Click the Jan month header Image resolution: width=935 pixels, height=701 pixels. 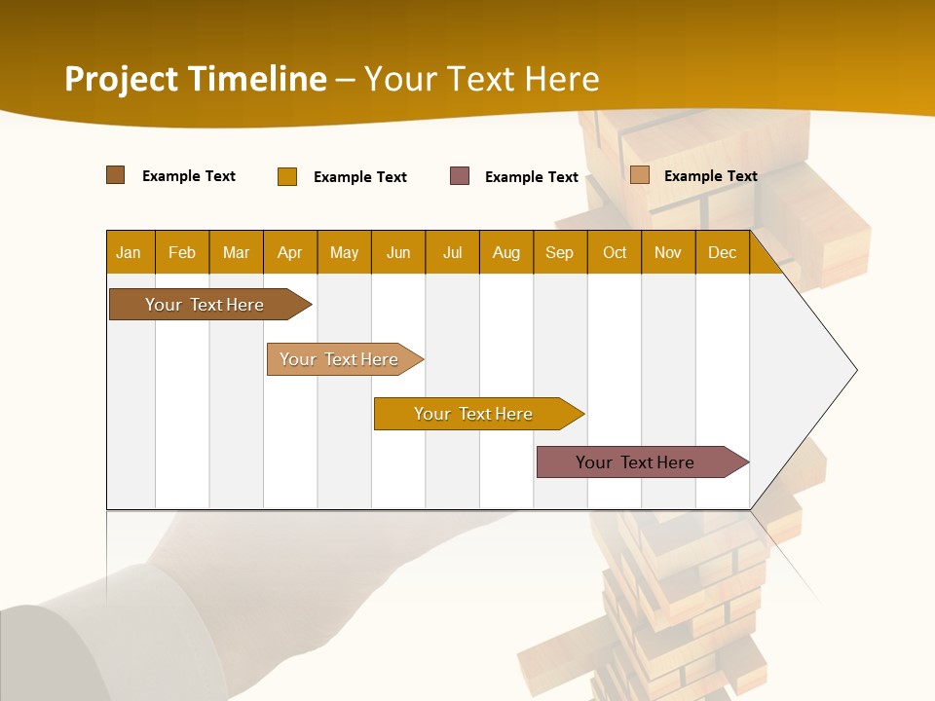(x=129, y=252)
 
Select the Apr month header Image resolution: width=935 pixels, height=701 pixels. (x=289, y=252)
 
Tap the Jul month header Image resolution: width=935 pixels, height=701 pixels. (x=452, y=252)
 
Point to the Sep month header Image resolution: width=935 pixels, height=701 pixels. (x=559, y=252)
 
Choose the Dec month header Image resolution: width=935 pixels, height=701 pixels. (x=722, y=252)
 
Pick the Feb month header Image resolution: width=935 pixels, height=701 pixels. (x=182, y=252)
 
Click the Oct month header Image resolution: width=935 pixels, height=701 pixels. (x=615, y=252)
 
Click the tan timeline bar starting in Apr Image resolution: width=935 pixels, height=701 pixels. (x=341, y=359)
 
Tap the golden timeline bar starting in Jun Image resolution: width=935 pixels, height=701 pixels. (x=474, y=414)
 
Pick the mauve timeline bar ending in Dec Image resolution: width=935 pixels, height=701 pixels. (x=638, y=462)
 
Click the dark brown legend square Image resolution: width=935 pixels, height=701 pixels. (x=116, y=175)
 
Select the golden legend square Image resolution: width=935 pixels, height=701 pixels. (x=287, y=176)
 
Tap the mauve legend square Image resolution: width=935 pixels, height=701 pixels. (x=460, y=176)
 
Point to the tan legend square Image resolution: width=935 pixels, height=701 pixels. (x=640, y=175)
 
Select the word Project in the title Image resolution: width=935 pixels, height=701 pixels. (x=122, y=79)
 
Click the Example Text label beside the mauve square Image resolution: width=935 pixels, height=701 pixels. (x=532, y=177)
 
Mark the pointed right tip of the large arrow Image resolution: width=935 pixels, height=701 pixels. (x=855, y=370)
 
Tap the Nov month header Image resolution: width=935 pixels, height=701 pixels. (x=668, y=252)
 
